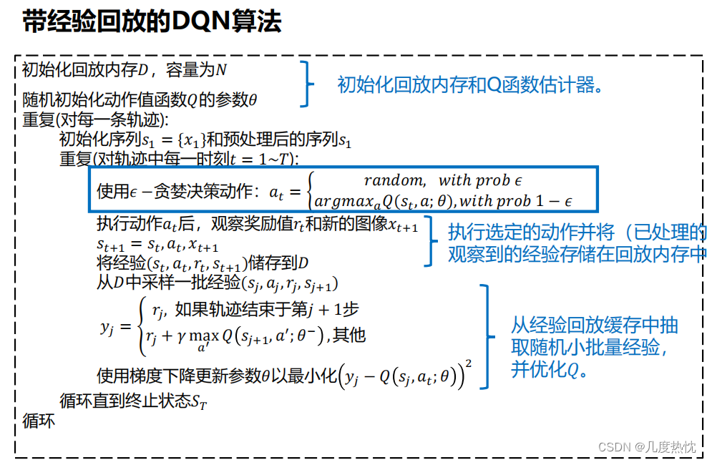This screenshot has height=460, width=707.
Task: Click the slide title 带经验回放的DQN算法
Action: pyautogui.click(x=152, y=21)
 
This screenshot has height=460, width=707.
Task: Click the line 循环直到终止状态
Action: pyautogui.click(x=133, y=402)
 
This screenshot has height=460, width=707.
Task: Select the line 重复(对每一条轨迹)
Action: pyautogui.click(x=95, y=119)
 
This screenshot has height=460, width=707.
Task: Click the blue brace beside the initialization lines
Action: pyautogui.click(x=308, y=84)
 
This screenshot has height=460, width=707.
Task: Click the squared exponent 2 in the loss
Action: pyautogui.click(x=468, y=365)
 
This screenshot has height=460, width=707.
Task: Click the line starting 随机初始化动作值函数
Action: pyautogui.click(x=140, y=100)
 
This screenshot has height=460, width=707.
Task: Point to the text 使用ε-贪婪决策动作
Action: pyautogui.click(x=179, y=191)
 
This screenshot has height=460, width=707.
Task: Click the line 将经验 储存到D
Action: pyautogui.click(x=203, y=263)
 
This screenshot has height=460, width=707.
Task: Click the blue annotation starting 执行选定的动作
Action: pyautogui.click(x=577, y=243)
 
